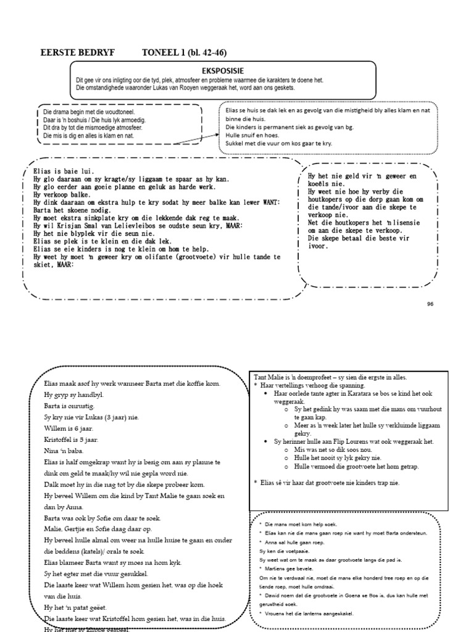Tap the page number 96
430,304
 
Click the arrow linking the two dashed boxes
196,139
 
